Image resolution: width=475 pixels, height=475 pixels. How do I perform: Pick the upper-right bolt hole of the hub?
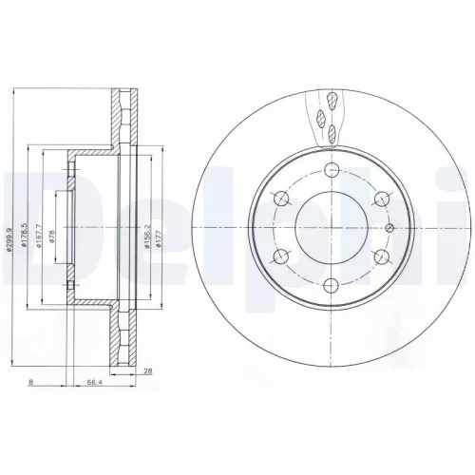(381, 198)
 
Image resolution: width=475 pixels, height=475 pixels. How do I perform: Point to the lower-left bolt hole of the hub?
(281, 256)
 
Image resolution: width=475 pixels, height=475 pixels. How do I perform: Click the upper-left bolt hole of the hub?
(281, 198)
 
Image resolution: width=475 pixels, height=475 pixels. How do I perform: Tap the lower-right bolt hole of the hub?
(381, 256)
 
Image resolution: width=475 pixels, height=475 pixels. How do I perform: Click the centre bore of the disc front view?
(332, 227)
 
